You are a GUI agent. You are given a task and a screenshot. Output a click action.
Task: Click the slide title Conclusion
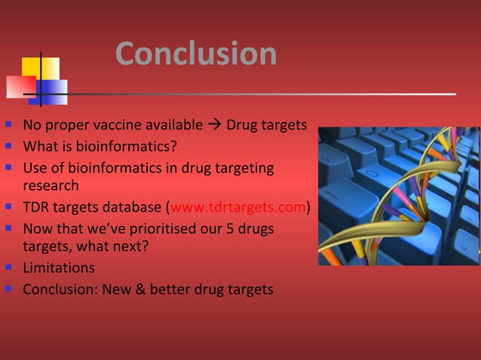(196, 53)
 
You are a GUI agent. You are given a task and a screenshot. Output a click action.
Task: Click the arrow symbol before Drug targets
(214, 124)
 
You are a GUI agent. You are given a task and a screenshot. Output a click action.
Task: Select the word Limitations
(59, 268)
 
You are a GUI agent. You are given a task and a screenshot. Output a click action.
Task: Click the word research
(51, 185)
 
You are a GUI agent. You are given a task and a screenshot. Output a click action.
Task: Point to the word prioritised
(136, 228)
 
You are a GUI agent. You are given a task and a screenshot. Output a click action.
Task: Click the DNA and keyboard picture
(398, 196)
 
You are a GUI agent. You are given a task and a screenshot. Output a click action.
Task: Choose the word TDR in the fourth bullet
(36, 207)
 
